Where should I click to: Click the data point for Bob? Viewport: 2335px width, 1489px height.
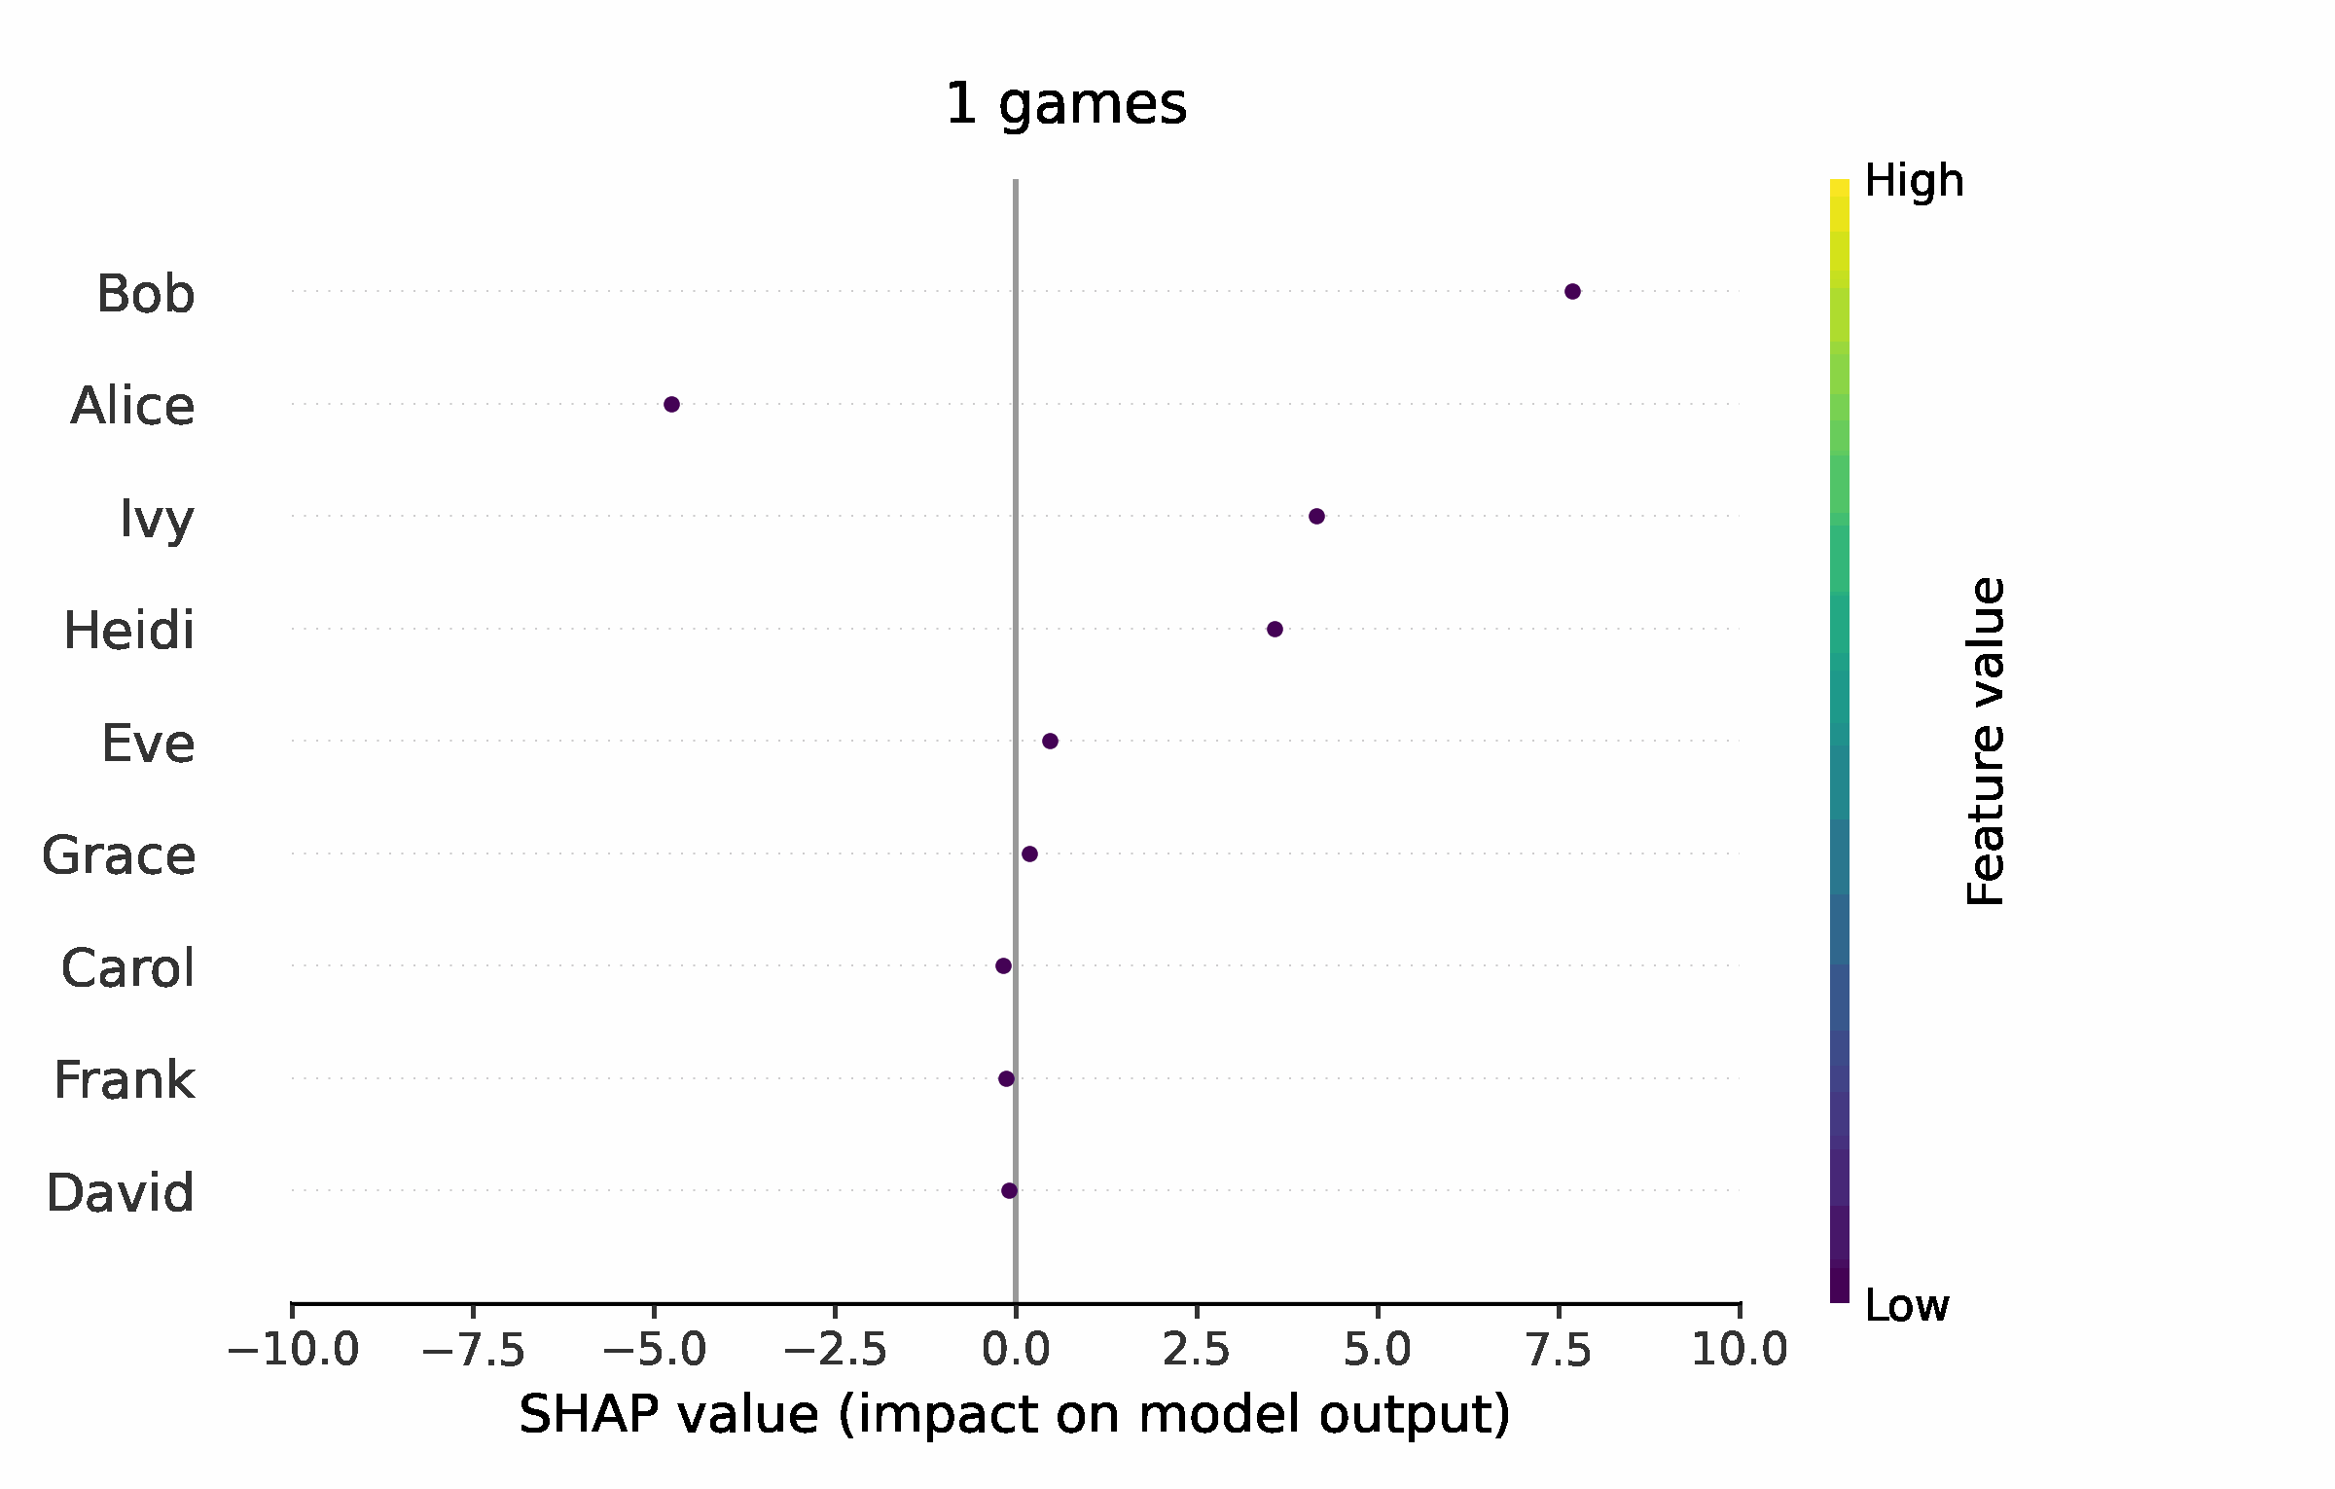click(x=1572, y=291)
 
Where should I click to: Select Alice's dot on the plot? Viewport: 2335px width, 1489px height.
click(x=671, y=404)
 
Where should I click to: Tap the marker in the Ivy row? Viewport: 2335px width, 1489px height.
click(x=1316, y=516)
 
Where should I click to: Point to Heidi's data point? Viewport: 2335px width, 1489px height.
click(x=1275, y=629)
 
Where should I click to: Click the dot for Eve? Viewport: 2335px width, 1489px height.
click(x=1050, y=741)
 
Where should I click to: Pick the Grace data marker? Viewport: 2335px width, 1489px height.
click(x=1029, y=853)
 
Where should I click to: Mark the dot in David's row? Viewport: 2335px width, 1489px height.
click(x=1009, y=1190)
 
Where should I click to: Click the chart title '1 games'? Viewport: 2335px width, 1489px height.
click(x=1065, y=103)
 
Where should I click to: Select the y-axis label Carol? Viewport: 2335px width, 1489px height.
click(x=127, y=968)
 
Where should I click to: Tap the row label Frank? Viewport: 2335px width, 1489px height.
click(x=124, y=1080)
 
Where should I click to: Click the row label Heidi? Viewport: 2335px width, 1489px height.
click(x=128, y=631)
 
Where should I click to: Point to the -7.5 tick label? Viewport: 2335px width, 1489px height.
click(x=473, y=1351)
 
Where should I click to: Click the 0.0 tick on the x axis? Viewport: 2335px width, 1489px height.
click(x=1016, y=1351)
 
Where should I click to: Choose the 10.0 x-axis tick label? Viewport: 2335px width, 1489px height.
click(x=1740, y=1351)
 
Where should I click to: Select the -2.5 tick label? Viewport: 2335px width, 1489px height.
click(x=835, y=1351)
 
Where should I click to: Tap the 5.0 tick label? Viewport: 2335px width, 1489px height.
click(x=1378, y=1351)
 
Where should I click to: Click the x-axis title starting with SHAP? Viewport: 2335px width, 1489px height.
click(x=1015, y=1414)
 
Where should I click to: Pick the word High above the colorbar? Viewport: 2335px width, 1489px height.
click(x=1914, y=181)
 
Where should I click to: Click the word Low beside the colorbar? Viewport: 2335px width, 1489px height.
click(x=1906, y=1305)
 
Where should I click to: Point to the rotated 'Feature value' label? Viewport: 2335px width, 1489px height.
click(x=1986, y=742)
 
